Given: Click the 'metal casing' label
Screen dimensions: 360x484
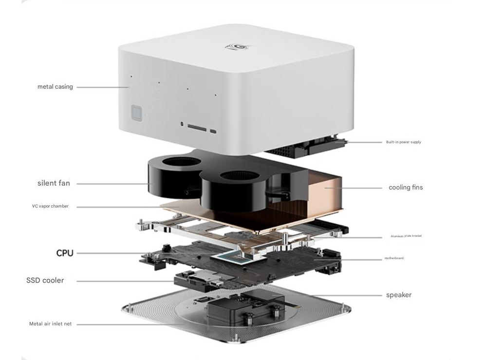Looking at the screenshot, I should pos(55,87).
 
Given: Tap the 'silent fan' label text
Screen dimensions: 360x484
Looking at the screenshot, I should pos(54,183).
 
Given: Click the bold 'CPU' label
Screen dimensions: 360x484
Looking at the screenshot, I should pos(65,253).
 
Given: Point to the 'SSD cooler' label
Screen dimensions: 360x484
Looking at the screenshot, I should pos(45,280).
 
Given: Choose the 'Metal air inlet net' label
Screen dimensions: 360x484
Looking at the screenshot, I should pos(50,323).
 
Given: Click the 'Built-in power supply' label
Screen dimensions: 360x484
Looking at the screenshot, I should pos(403,142).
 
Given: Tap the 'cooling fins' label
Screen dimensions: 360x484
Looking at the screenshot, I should pos(405,187).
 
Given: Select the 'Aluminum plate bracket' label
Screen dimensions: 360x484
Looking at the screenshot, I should pos(406,236).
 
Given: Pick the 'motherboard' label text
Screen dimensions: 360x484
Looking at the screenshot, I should pos(393,258).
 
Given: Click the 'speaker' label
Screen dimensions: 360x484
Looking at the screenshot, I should pos(398,295).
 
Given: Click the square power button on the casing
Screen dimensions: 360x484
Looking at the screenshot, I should pos(137,113).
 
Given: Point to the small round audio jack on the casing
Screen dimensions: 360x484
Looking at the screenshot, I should pos(182,124).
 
